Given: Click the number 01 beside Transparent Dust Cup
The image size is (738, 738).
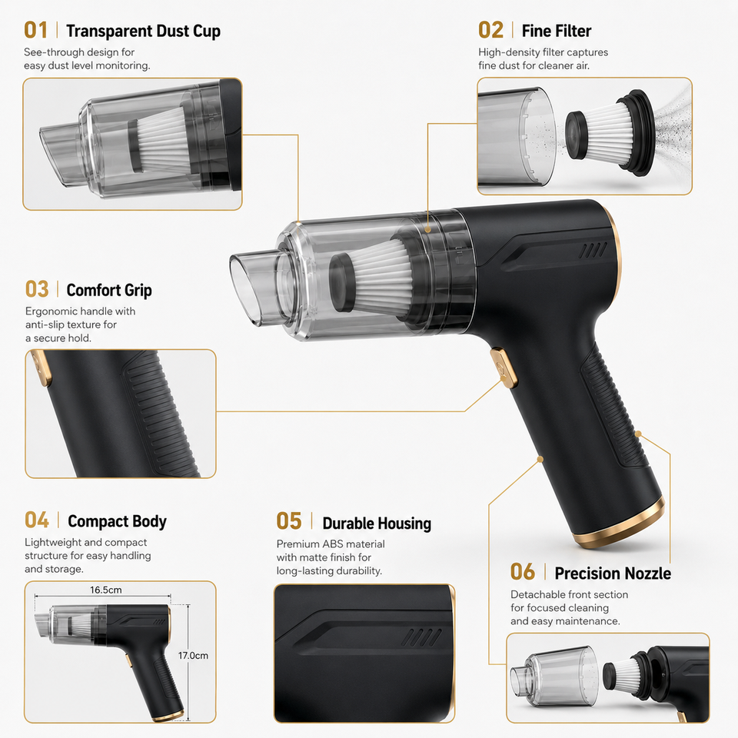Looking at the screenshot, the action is point(36,30).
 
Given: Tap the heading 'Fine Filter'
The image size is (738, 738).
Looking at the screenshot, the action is point(557,31).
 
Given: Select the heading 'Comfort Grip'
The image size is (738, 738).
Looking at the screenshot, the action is point(109,291).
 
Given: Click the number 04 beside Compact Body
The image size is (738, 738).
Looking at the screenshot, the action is point(37,520).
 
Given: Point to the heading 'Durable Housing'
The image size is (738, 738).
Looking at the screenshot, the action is point(377,524).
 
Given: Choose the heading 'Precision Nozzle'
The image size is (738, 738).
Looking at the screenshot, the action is point(613,573).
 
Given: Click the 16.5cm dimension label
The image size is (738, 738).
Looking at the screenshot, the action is point(106,590).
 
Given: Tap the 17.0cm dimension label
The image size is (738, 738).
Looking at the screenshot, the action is point(193,655).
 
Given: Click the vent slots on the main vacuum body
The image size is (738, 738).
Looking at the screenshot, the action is point(593,251).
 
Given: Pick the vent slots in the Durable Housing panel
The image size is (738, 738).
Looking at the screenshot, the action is point(422,637).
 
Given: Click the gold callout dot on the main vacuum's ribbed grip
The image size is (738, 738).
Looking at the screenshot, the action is point(638,434).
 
